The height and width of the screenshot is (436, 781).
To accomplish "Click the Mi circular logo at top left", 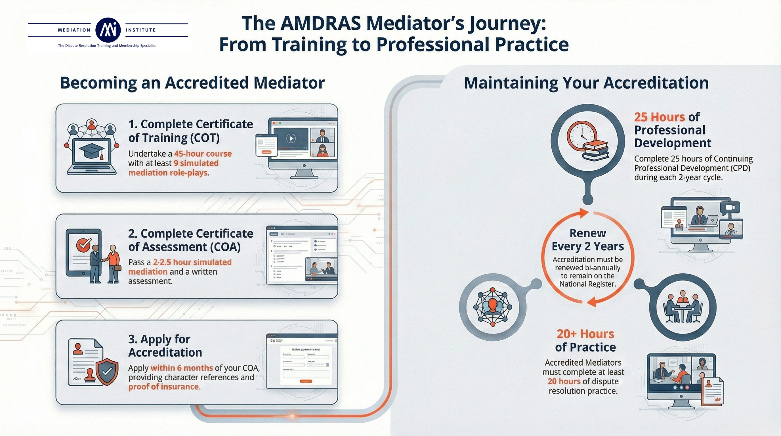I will pos(108,30).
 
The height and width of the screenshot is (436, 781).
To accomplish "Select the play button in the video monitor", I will pos(291,139).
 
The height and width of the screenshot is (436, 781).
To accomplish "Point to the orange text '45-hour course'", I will pos(203,154).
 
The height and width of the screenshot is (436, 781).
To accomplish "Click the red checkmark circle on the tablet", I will pos(83,244).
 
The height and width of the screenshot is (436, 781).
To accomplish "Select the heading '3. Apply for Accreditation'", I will pos(165,346).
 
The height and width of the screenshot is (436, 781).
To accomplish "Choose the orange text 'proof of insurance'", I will pos(163,387).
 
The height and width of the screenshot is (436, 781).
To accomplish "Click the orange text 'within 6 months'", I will pos(182,368).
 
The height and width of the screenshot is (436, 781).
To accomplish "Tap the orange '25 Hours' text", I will pos(660,117).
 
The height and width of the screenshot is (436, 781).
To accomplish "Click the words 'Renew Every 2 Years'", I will pos(587,240).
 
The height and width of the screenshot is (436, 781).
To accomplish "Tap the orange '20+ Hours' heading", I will pos(585,334).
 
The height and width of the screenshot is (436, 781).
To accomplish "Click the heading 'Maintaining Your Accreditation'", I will pos(586,83).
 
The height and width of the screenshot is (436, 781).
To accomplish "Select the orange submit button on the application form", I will pos(306,381).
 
